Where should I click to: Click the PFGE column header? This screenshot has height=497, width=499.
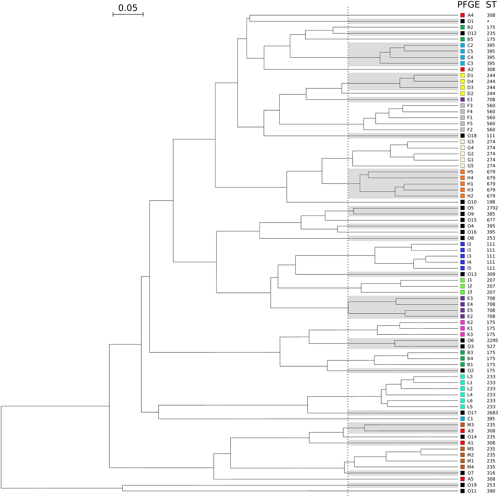tap(468, 5)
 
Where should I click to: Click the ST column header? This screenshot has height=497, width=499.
tap(491, 5)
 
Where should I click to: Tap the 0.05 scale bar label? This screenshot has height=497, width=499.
tap(128, 8)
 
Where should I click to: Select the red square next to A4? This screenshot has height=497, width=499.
tap(462, 15)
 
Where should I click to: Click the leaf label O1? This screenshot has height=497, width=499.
tap(470, 21)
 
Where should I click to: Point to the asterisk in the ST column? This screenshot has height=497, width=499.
tap(488, 21)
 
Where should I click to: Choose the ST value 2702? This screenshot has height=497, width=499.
tap(492, 208)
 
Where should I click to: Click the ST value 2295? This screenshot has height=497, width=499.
tap(492, 341)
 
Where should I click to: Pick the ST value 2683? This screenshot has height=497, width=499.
tap(492, 413)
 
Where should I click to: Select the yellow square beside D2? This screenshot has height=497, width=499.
tap(462, 93)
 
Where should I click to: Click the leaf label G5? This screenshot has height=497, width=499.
tap(470, 166)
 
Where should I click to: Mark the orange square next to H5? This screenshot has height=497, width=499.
tap(462, 172)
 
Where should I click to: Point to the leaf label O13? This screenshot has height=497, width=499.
tap(472, 274)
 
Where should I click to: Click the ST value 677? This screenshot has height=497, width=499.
tap(491, 220)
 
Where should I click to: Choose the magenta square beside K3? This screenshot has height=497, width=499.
tap(462, 334)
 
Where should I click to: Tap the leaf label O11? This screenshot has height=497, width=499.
tap(472, 491)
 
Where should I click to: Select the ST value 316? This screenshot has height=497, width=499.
tap(491, 473)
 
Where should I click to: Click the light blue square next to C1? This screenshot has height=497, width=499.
tap(462, 419)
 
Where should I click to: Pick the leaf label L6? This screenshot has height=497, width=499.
tap(470, 401)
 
